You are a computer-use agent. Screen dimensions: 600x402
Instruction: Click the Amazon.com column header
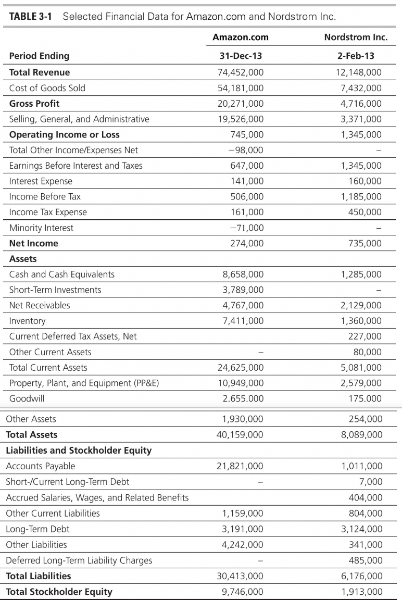click(241, 37)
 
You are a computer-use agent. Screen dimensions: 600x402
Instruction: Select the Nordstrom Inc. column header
click(356, 37)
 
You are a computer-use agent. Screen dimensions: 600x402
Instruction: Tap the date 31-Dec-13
click(241, 56)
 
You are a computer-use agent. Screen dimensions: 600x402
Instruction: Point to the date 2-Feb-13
click(356, 56)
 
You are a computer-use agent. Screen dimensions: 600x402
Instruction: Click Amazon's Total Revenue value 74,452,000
click(241, 72)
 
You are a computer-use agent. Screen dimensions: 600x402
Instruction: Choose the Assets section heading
click(23, 258)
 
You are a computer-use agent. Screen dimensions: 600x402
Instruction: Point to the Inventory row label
click(27, 321)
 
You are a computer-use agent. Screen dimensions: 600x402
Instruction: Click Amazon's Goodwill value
click(243, 398)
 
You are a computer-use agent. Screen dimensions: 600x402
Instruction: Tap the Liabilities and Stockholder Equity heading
click(79, 450)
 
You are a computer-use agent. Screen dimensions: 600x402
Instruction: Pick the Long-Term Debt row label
click(37, 529)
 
